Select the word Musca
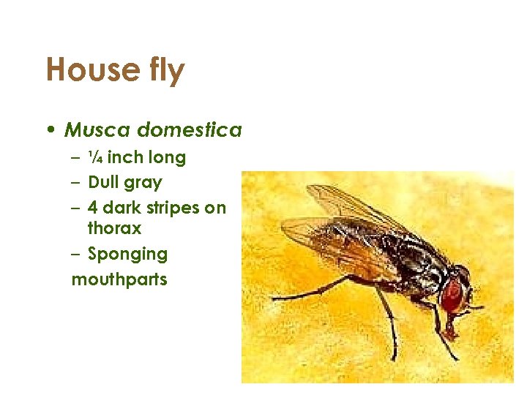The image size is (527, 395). tap(99, 130)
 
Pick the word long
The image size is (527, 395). tap(168, 157)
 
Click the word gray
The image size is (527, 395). tap(146, 183)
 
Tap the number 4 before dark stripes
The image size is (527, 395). tap(93, 208)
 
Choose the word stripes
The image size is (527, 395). tap(173, 208)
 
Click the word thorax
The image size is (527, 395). tap(114, 228)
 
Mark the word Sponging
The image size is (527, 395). tap(127, 255)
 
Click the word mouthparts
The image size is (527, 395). tap(119, 279)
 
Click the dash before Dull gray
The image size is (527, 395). tap(76, 182)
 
